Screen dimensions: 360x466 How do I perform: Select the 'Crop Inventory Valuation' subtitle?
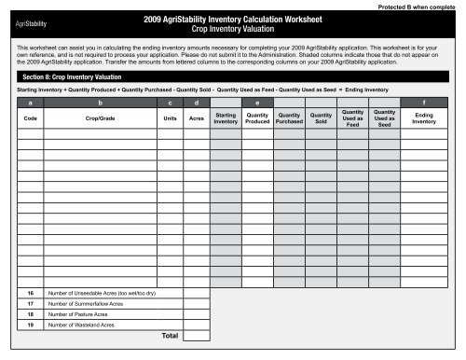232,30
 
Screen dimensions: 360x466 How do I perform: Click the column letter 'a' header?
30,102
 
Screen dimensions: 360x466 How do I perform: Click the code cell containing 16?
30,293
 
